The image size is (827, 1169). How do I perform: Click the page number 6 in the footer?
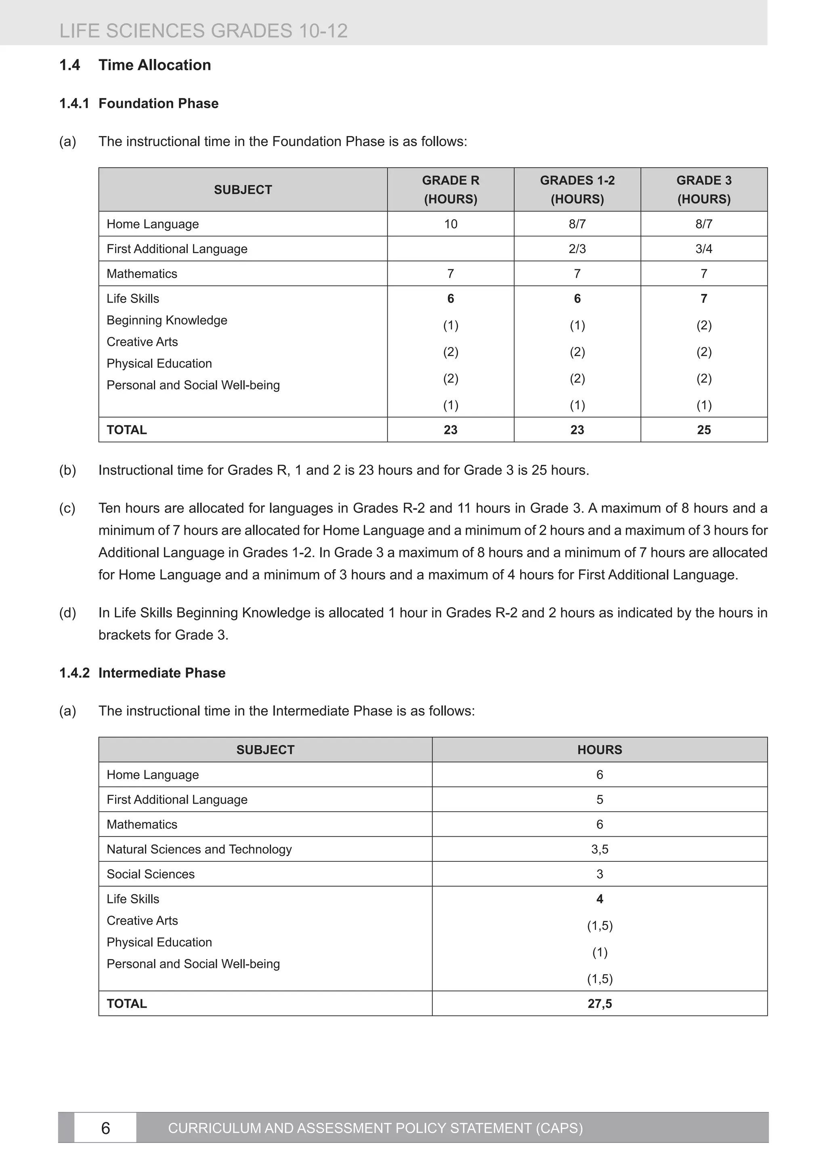105,1128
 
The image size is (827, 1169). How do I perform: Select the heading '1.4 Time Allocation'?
135,65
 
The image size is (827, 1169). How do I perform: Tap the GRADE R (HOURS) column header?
450,189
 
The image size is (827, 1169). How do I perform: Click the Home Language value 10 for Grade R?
450,224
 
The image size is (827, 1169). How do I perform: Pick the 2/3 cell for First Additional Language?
577,249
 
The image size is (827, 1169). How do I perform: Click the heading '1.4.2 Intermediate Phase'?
142,673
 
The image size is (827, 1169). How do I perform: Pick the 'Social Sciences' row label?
150,874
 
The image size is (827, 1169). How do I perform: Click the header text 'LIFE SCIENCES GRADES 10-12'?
203,31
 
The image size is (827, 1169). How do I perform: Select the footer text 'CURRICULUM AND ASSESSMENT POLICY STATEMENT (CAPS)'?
375,1128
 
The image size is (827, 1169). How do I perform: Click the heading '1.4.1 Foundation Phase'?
139,103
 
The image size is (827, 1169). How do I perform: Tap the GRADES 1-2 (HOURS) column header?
577,189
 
